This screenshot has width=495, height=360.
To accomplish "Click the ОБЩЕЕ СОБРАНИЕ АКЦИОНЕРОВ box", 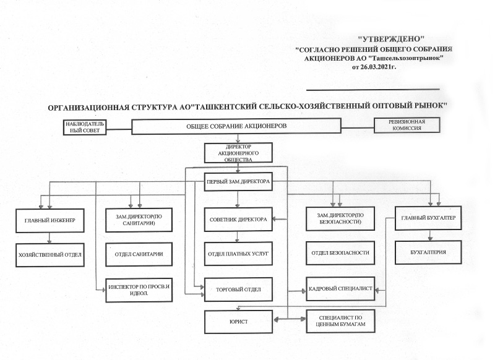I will coord(236,127).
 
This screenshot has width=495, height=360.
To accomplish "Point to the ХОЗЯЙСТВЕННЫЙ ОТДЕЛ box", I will coord(49,254).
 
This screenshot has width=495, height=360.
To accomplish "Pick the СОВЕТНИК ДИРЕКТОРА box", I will coord(238,219).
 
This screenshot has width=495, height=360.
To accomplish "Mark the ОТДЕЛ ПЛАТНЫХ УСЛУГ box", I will coord(238,253).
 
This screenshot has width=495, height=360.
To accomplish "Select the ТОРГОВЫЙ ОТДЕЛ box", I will coord(238,289).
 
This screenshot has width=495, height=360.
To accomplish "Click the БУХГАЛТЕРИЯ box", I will coord(428,253).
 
